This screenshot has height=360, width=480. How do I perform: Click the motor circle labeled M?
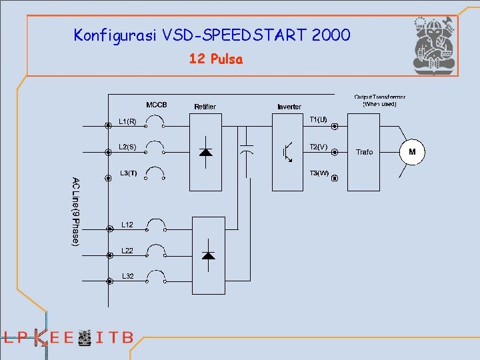(x=412, y=152)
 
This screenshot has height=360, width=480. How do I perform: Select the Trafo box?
(x=364, y=152)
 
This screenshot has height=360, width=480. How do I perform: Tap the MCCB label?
(x=157, y=105)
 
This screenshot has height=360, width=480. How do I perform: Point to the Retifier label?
(x=205, y=107)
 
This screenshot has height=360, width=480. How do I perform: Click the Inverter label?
(x=289, y=107)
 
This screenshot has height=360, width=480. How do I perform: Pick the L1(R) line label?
(x=128, y=121)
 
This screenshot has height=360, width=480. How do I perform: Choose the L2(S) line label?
(x=128, y=147)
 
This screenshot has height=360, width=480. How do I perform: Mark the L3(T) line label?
(x=128, y=173)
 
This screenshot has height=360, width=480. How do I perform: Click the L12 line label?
(x=127, y=225)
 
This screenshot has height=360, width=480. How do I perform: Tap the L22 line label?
(x=127, y=251)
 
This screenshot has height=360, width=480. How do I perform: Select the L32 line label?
(x=127, y=276)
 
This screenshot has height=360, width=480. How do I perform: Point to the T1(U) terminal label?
(x=319, y=120)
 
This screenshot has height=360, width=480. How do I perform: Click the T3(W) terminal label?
(x=319, y=173)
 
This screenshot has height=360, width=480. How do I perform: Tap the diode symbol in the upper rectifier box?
(x=206, y=152)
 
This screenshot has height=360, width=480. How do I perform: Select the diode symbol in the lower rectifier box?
(x=208, y=255)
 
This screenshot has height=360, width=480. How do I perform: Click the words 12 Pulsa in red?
(x=216, y=59)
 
